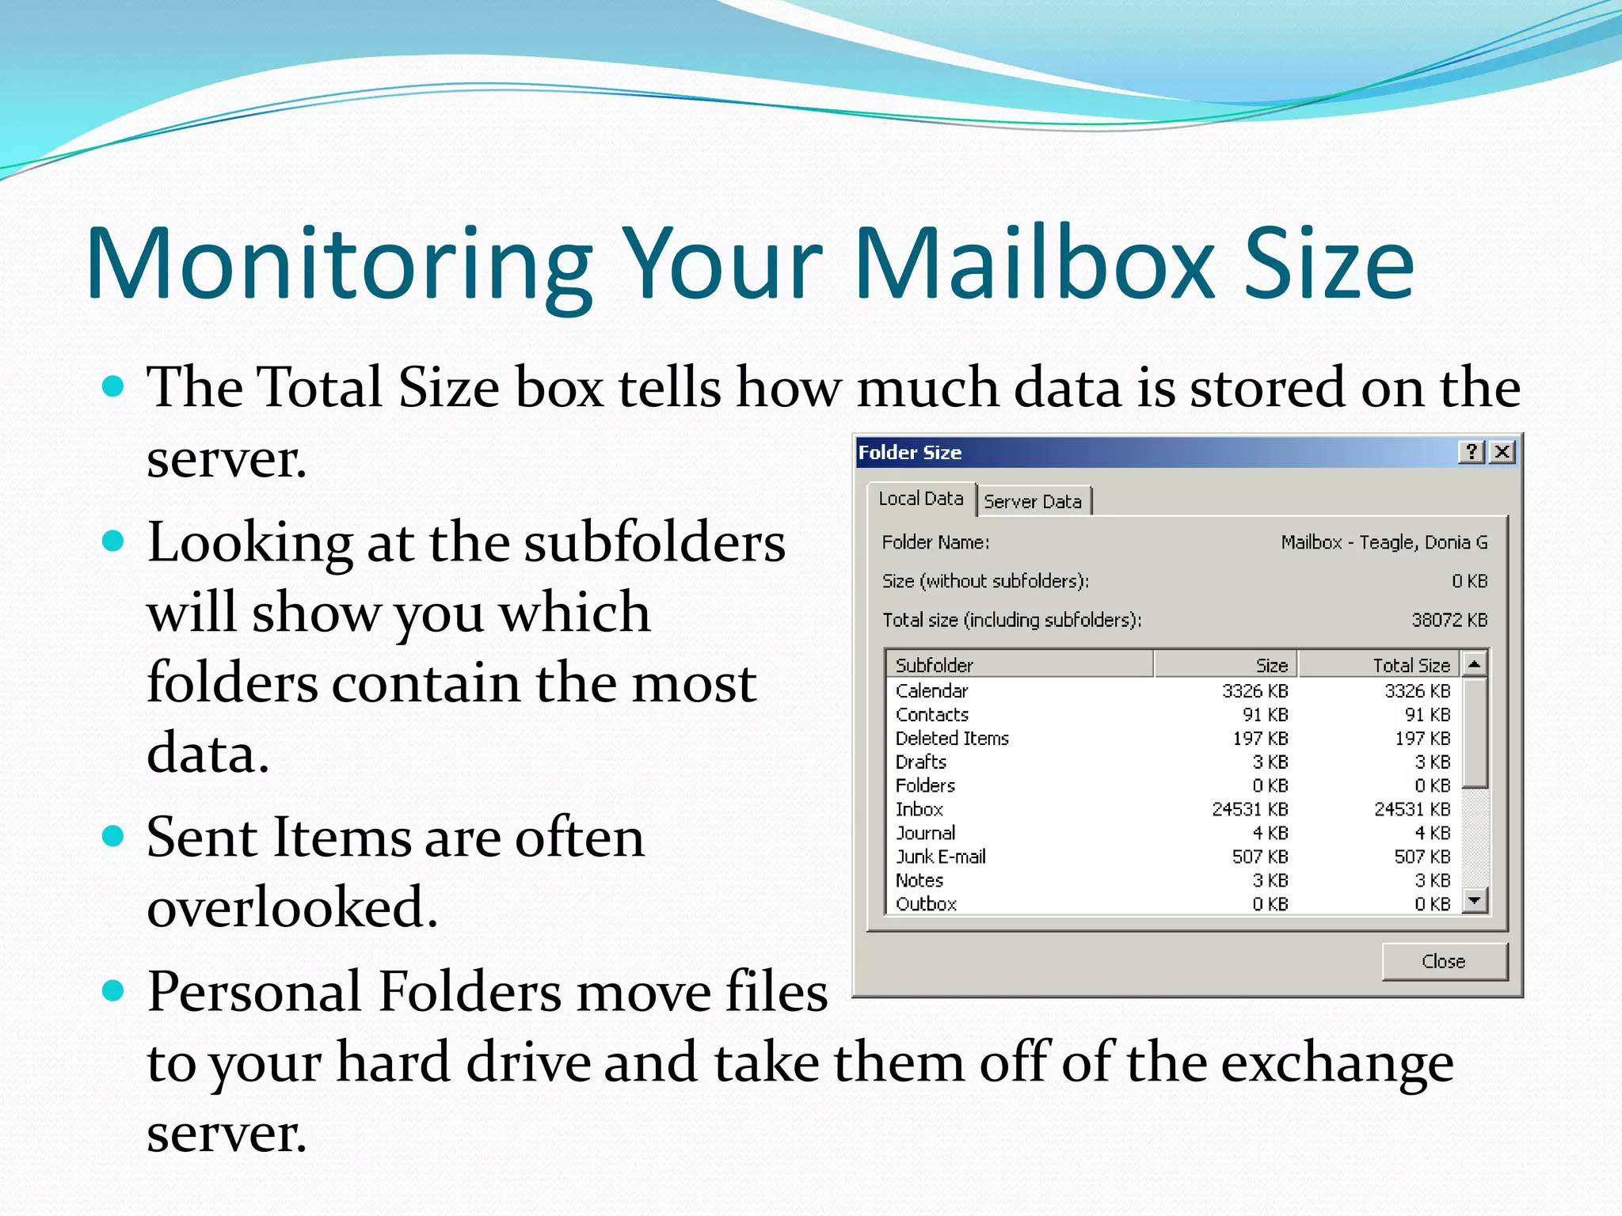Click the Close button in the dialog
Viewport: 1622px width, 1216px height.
coord(1444,961)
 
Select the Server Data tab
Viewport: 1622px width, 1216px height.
coord(1033,501)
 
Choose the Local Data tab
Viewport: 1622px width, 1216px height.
coord(921,499)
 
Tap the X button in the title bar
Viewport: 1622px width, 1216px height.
coord(1502,452)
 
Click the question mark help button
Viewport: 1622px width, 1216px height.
coord(1471,452)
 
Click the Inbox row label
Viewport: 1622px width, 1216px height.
coord(919,809)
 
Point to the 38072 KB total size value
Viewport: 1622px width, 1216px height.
coord(1449,620)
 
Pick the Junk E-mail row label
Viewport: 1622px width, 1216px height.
coord(940,857)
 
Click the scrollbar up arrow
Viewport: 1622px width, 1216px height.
coord(1474,663)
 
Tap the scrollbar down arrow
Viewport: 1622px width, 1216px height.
coord(1474,900)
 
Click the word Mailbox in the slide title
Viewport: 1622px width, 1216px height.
coord(1034,263)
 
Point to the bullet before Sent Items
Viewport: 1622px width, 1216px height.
coord(114,836)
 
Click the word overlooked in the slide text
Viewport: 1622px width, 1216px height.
coord(291,906)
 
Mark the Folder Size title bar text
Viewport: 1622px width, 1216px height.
coord(909,452)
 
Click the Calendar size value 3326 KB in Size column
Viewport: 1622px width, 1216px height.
coord(1255,691)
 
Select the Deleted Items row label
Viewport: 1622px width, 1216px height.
coord(952,738)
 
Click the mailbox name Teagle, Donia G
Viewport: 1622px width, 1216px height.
coord(1423,542)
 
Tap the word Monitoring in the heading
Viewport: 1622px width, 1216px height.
coord(339,263)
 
